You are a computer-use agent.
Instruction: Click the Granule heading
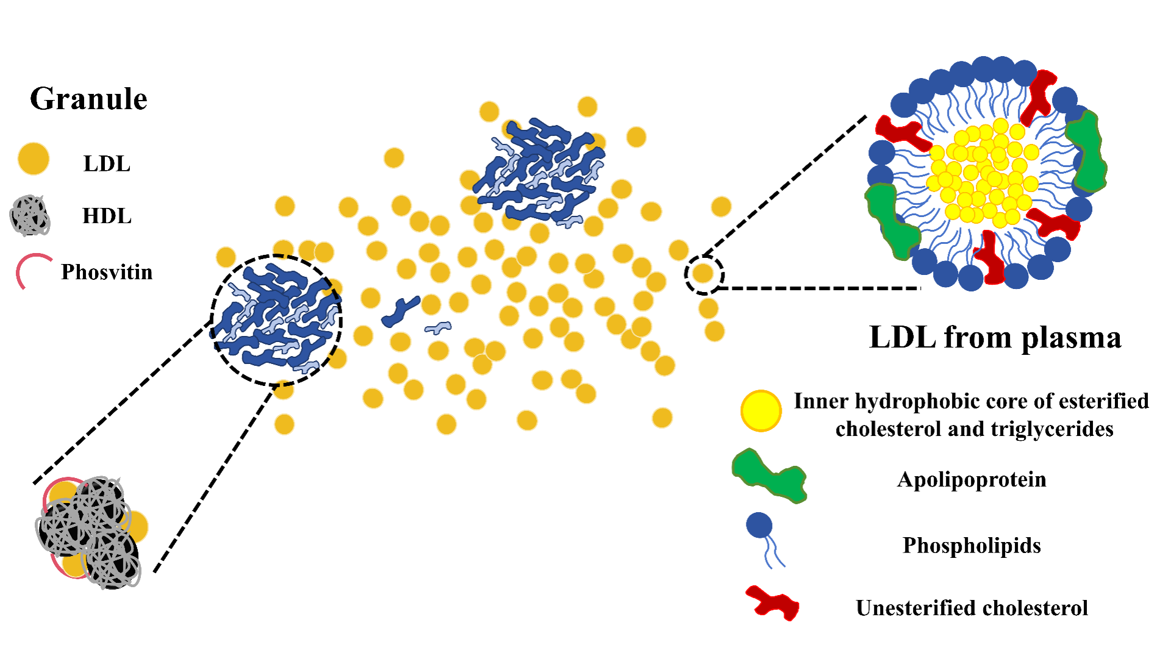click(88, 99)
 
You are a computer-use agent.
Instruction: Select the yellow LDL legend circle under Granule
click(33, 159)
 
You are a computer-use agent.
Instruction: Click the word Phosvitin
click(107, 272)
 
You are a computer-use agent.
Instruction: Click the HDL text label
click(107, 216)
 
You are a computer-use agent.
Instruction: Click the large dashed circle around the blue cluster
click(276, 320)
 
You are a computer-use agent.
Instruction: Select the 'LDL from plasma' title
click(995, 337)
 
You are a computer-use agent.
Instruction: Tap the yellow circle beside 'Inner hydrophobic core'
click(761, 411)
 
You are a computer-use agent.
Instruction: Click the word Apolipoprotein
click(972, 480)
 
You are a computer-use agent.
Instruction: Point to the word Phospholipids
click(972, 546)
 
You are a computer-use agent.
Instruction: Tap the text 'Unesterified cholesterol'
click(972, 608)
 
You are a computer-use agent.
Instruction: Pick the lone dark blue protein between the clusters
click(401, 310)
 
